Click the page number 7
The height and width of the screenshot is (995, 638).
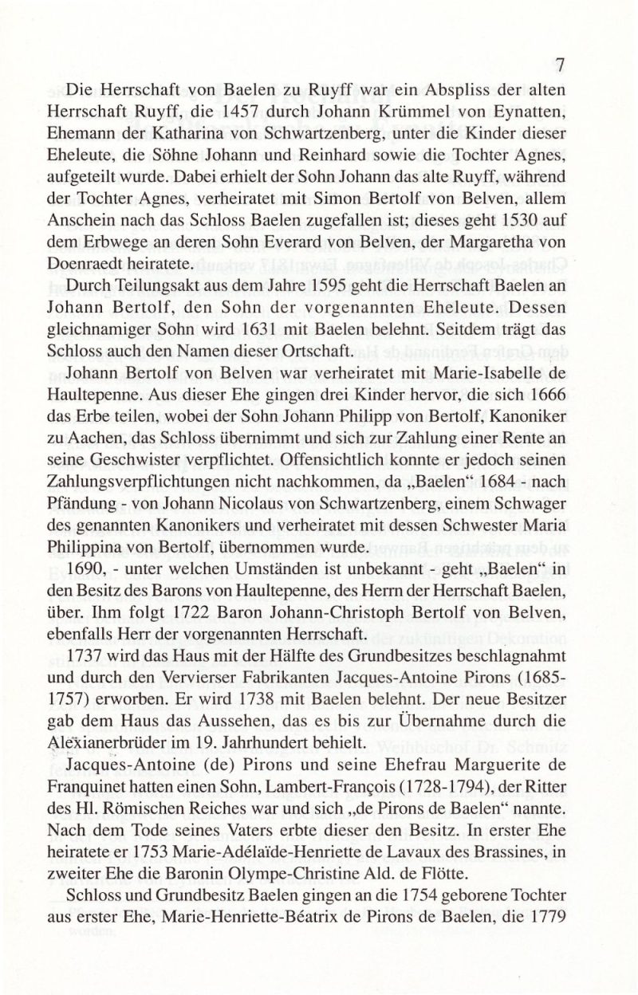click(560, 65)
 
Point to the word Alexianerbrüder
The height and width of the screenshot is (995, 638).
click(127, 744)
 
